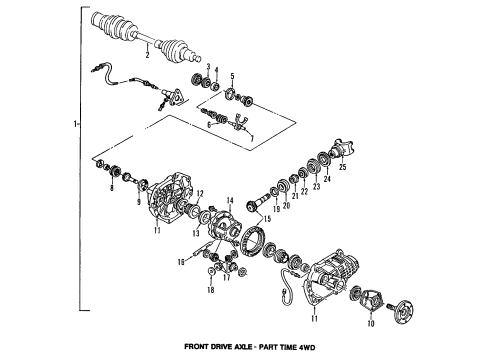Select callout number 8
113,188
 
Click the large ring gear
257,244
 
